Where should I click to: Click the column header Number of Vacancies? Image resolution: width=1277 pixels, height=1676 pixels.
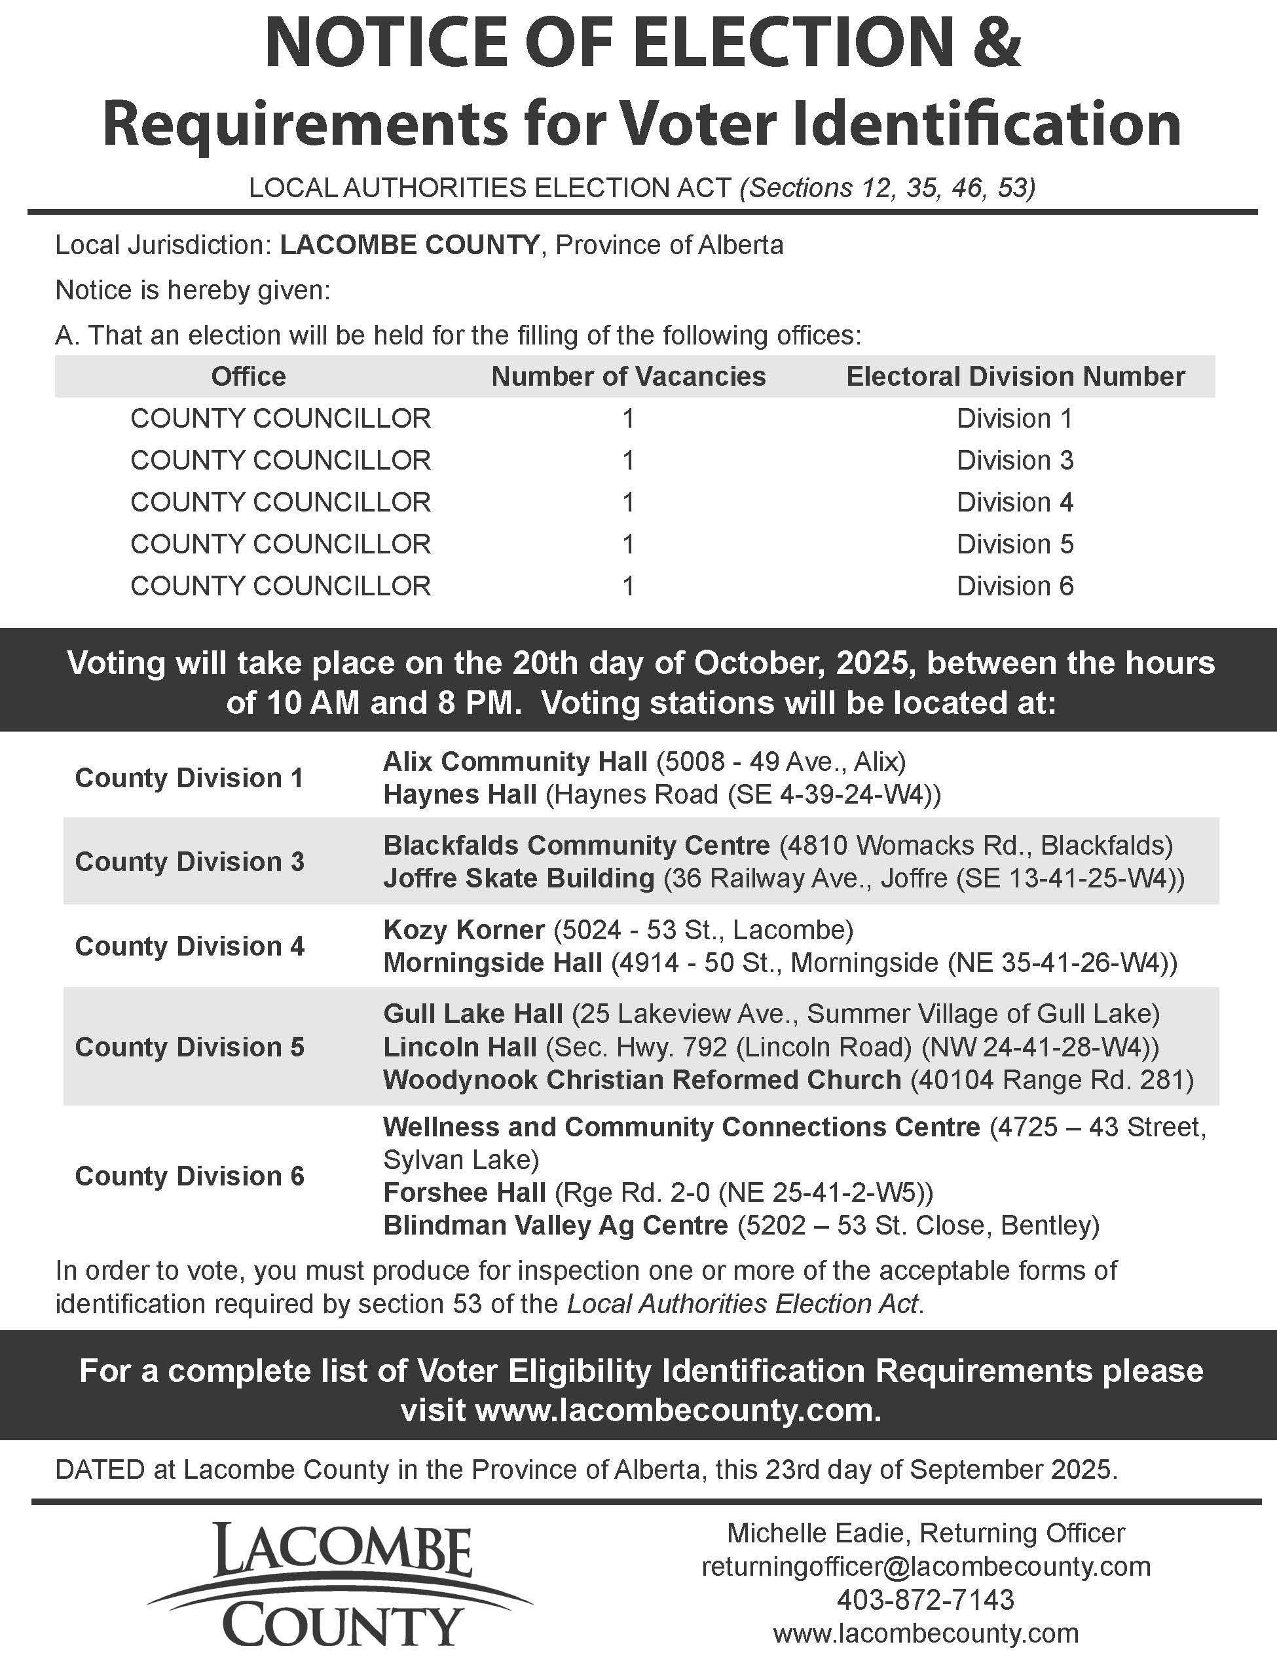(628, 376)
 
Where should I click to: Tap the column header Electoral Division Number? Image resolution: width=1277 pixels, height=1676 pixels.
(1015, 376)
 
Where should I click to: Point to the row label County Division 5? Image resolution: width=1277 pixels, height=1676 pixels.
(189, 1047)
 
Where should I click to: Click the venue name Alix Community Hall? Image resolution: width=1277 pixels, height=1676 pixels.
(515, 761)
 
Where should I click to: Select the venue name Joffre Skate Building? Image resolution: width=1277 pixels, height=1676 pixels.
(519, 878)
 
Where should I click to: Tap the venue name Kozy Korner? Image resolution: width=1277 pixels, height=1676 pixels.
(464, 929)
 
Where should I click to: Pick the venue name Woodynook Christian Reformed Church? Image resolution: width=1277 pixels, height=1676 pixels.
(642, 1079)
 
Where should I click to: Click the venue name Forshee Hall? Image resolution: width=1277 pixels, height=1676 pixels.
(464, 1192)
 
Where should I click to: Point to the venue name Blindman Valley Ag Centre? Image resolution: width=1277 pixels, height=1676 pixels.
(555, 1225)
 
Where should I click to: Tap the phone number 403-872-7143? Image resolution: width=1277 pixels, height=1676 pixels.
(925, 1600)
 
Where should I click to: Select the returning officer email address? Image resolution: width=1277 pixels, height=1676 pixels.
(925, 1567)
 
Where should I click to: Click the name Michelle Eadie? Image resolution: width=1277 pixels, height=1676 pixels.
(818, 1533)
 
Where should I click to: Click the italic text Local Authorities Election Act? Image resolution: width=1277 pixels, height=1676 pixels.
(743, 1303)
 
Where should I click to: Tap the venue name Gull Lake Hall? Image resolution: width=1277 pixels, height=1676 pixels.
(473, 1013)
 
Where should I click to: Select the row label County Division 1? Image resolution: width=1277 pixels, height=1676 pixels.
(189, 777)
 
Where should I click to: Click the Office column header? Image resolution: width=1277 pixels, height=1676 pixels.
(249, 376)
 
